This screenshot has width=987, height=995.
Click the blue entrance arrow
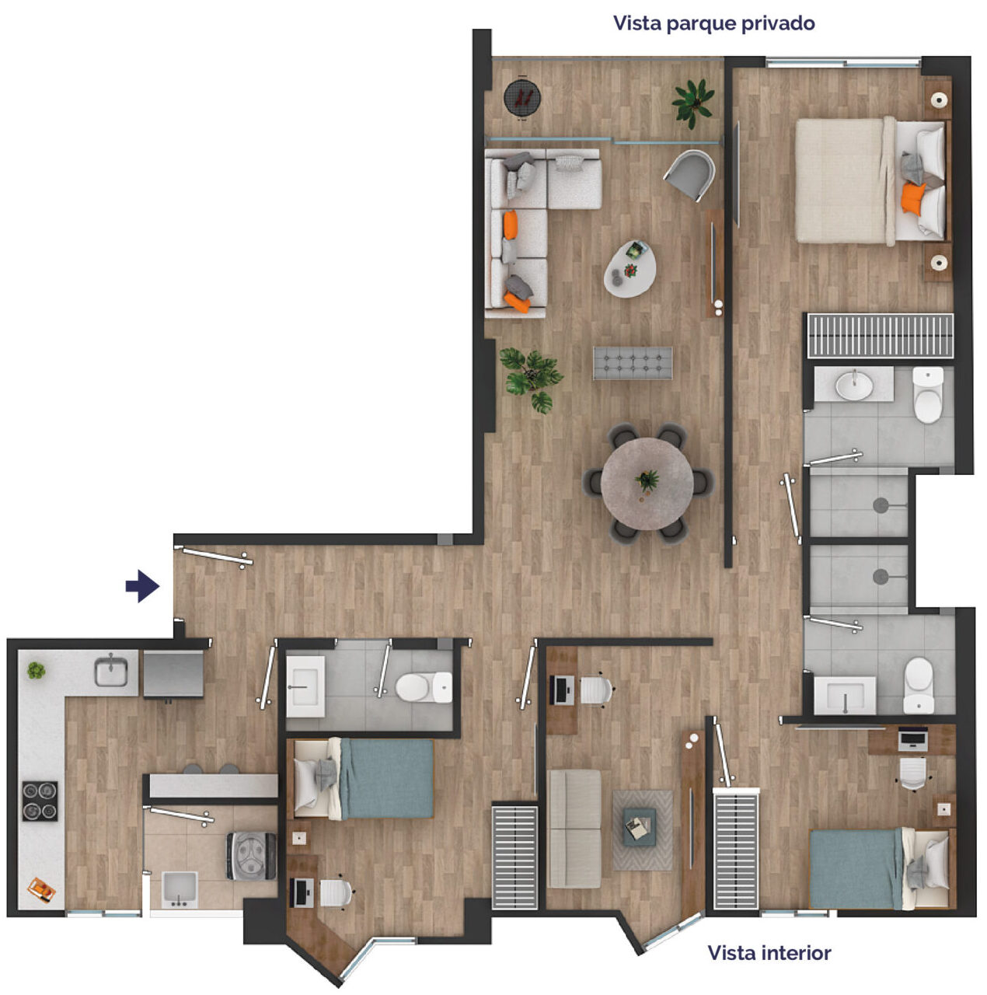click(x=142, y=586)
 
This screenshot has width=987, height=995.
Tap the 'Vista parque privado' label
click(x=713, y=24)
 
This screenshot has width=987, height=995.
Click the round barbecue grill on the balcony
click(x=522, y=98)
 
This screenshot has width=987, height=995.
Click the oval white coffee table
click(x=630, y=268)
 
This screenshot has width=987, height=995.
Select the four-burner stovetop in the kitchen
click(x=40, y=801)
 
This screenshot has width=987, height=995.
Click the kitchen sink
click(x=111, y=671)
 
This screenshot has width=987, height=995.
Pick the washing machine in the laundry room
click(x=251, y=856)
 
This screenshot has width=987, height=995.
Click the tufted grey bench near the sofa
click(x=633, y=364)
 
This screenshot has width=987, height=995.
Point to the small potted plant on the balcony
click(x=693, y=103)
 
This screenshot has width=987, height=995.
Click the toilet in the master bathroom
click(x=928, y=395)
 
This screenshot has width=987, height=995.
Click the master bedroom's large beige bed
click(x=872, y=180)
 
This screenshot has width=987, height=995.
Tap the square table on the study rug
click(x=640, y=826)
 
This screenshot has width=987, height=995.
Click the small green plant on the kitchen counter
click(x=37, y=670)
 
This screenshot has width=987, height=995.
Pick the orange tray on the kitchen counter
click(x=41, y=889)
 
